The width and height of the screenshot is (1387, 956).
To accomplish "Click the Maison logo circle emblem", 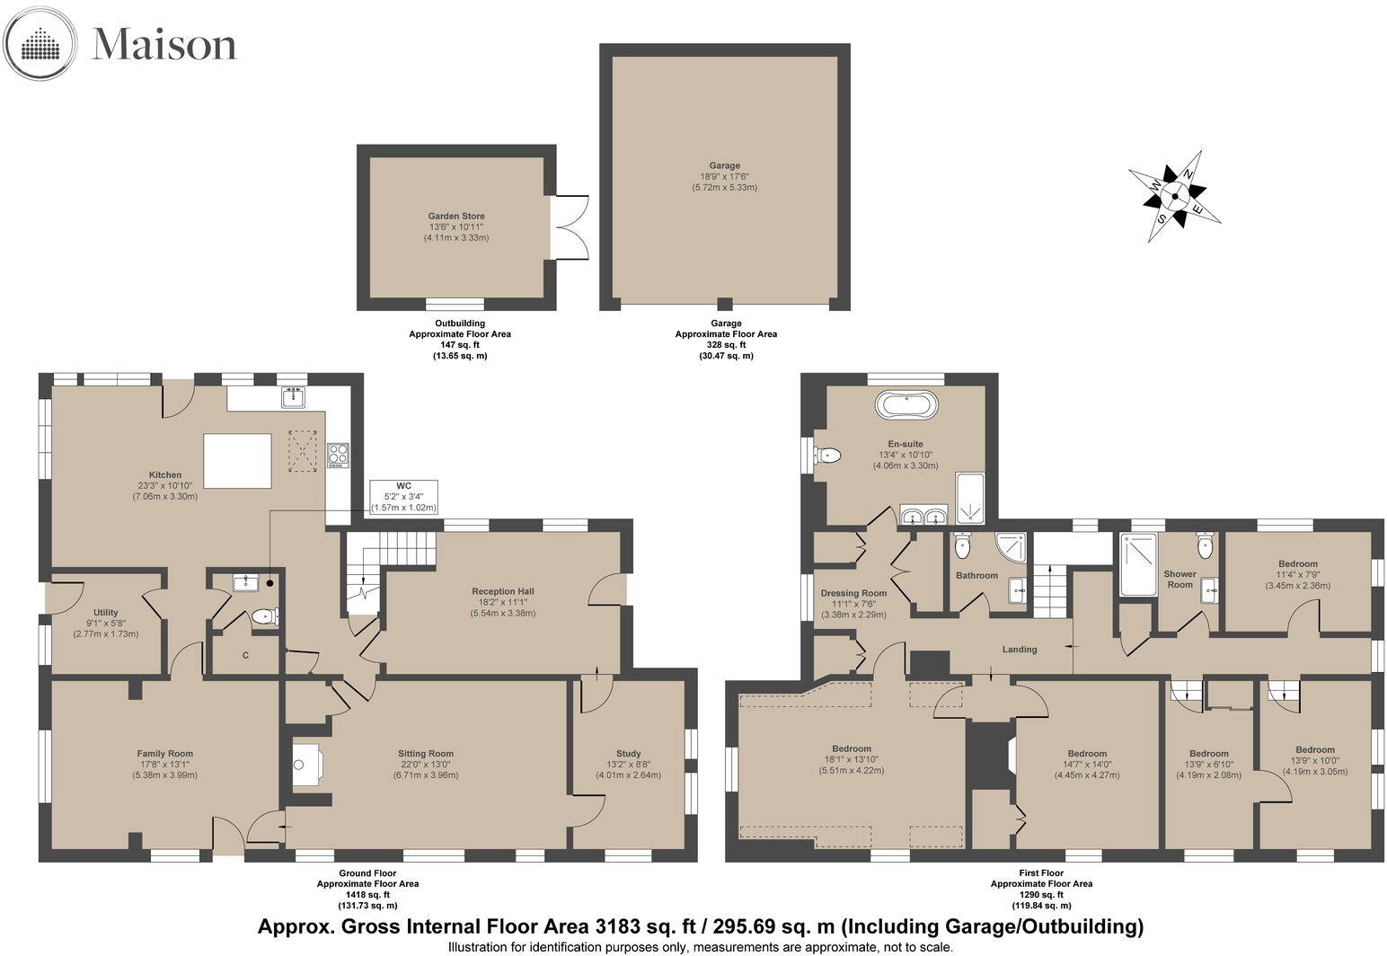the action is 40,44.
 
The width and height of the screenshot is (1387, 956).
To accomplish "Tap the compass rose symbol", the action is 1175,196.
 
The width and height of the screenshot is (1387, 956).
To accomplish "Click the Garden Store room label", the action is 456,217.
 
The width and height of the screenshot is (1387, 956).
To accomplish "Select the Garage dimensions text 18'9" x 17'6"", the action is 724,176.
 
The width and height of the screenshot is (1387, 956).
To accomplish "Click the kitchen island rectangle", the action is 238,461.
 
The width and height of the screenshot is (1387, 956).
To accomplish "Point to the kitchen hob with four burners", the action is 338,456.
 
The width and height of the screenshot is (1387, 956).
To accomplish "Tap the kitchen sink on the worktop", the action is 294,396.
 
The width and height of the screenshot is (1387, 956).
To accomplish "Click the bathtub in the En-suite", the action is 906,406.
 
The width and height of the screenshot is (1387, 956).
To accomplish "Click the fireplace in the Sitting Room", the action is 306,765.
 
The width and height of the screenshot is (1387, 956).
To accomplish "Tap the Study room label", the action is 629,754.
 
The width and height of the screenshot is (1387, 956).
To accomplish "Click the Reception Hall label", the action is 503,591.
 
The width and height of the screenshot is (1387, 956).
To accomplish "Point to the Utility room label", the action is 106,613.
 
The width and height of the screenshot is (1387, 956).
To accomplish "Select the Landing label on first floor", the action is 1020,650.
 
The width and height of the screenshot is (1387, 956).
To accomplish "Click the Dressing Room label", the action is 853,593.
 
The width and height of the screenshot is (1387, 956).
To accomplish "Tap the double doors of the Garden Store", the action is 569,227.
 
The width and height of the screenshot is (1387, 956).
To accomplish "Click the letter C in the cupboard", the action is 246,655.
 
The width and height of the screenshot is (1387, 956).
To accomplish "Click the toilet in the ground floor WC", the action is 265,616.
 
